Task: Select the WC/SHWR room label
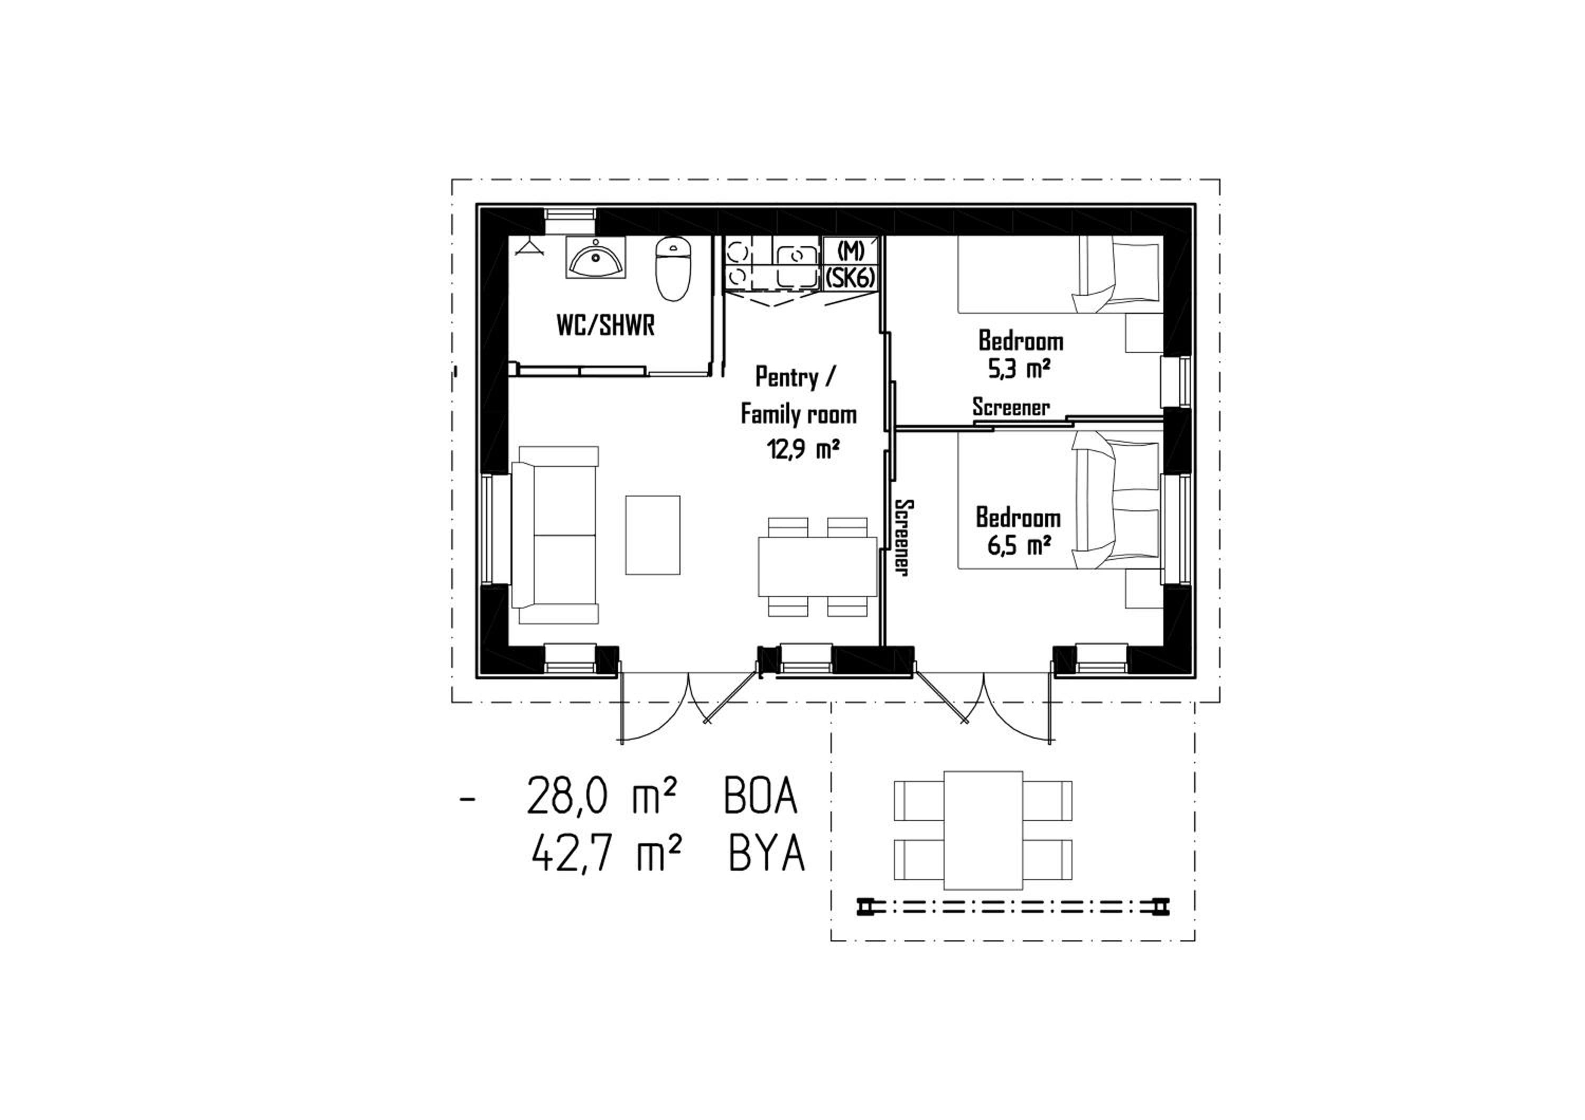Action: point(605,326)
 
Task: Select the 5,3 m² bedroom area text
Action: point(1020,370)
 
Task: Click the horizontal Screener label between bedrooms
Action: point(1011,407)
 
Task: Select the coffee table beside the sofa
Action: point(652,534)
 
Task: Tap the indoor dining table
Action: point(817,566)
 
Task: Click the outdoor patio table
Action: point(983,830)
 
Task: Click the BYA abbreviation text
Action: point(766,855)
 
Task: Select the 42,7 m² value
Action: point(607,855)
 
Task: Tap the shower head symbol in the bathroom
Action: point(530,248)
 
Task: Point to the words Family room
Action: point(799,414)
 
